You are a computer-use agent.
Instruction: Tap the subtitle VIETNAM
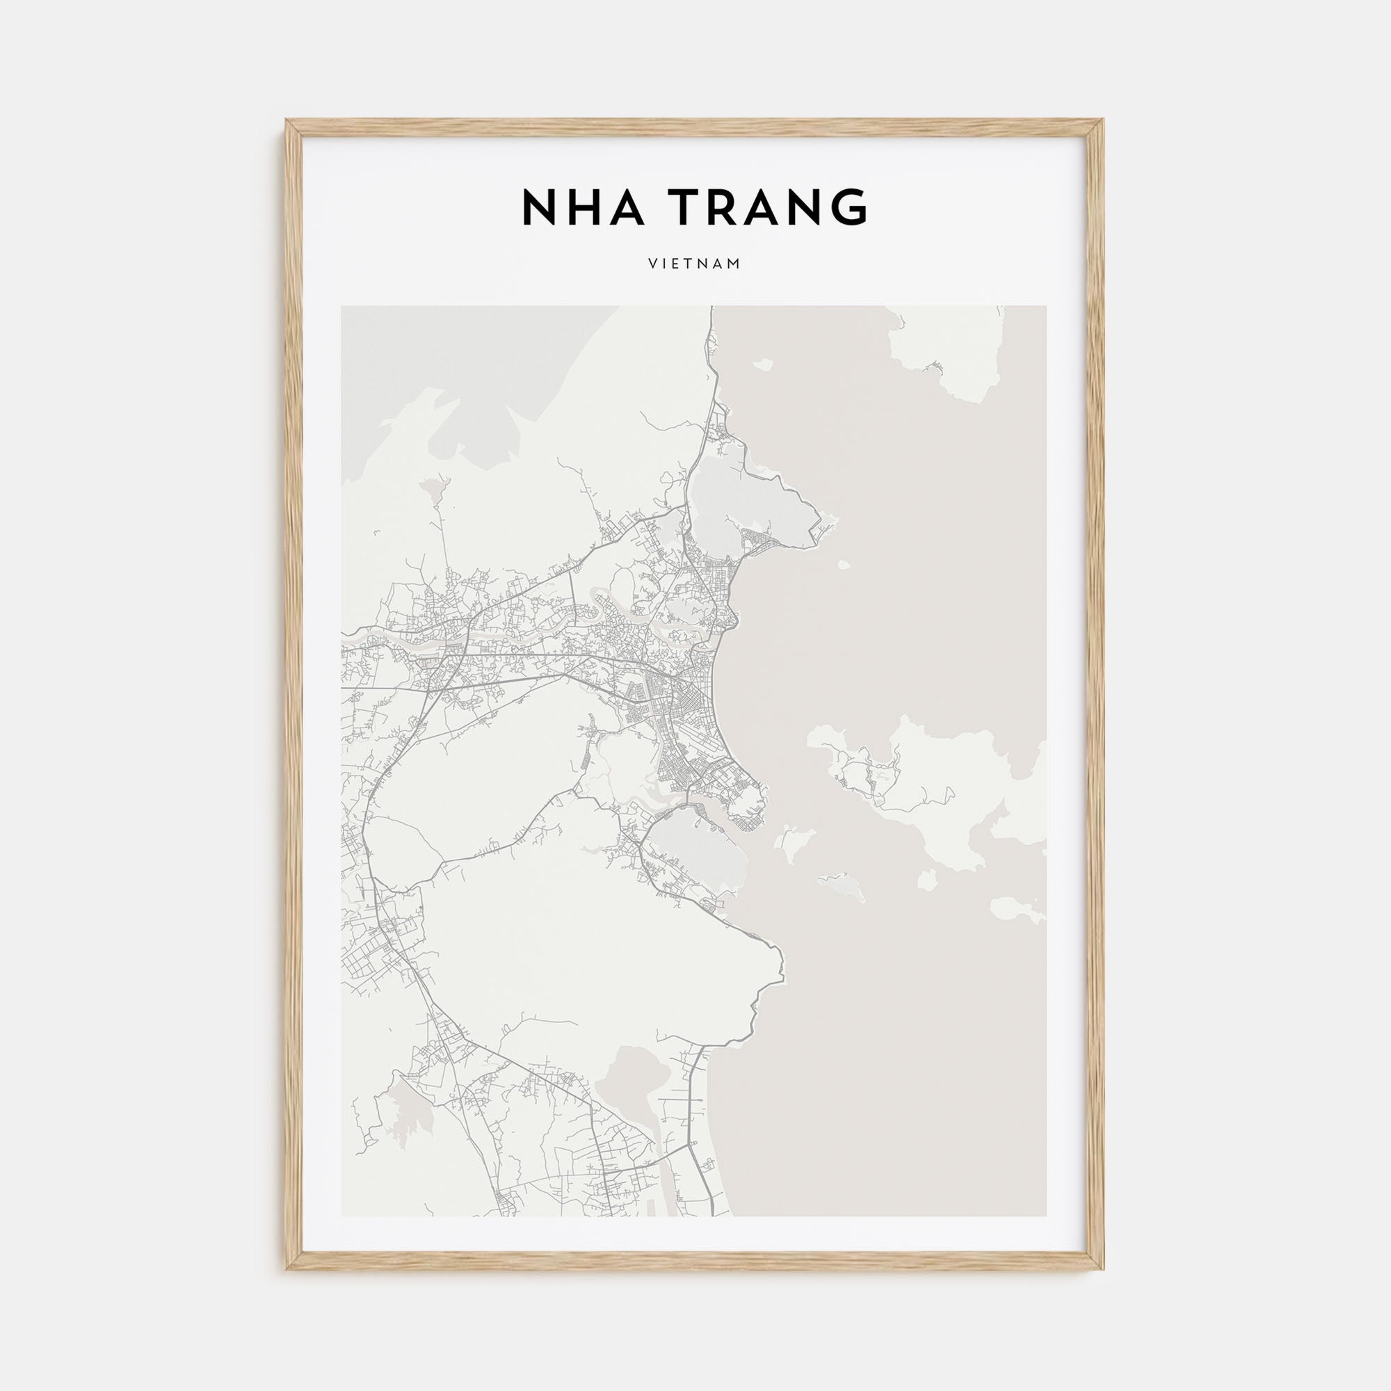[x=694, y=264]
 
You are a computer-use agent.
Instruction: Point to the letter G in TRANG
[x=849, y=207]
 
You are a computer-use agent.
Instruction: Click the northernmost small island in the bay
[x=762, y=364]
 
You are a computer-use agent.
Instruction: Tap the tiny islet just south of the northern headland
[x=844, y=565]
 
